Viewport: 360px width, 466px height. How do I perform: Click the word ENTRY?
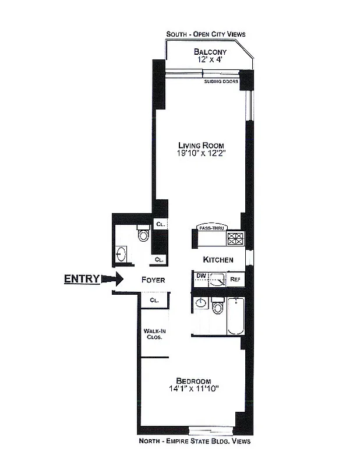(82, 279)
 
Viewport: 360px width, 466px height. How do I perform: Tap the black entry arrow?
(111, 279)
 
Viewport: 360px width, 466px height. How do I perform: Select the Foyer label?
(153, 280)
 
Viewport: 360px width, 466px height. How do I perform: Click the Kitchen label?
(218, 260)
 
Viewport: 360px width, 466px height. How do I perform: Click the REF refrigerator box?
(235, 280)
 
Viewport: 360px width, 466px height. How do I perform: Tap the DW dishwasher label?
(201, 276)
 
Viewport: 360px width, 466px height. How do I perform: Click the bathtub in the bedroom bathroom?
(235, 316)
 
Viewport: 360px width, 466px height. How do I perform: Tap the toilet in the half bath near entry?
(143, 234)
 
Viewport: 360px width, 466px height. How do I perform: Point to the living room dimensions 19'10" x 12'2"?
(201, 154)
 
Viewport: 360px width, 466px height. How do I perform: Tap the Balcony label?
(210, 52)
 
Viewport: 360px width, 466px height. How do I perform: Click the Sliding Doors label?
(221, 82)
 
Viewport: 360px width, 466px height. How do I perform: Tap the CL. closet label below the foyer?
(154, 301)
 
